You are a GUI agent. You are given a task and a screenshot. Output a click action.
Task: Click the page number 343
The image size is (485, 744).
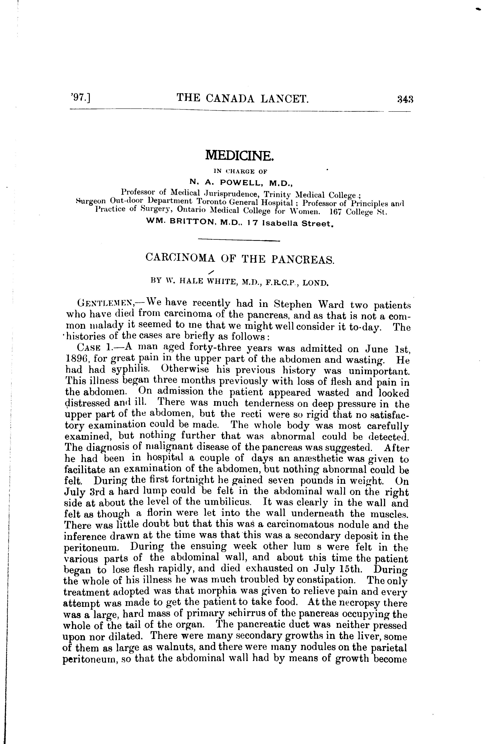tap(405, 99)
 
